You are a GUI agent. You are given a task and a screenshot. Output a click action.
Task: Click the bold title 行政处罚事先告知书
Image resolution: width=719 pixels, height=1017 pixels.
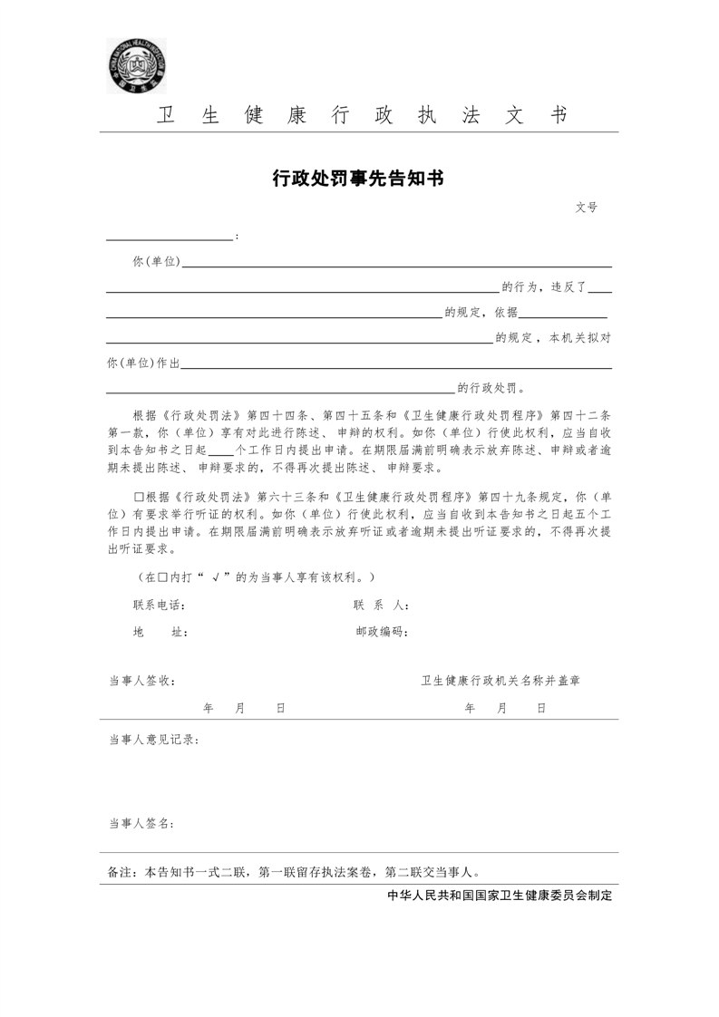(358, 179)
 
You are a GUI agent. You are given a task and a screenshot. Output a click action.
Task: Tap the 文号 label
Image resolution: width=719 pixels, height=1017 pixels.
(586, 208)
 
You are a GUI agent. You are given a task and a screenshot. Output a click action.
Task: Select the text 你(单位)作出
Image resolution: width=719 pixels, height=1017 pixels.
(143, 363)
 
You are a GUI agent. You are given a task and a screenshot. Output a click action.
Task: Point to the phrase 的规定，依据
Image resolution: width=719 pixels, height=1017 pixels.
(481, 312)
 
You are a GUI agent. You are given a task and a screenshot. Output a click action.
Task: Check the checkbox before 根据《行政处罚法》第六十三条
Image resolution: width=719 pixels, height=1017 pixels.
(139, 498)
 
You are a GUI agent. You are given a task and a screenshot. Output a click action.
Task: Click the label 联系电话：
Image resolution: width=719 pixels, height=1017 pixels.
(160, 605)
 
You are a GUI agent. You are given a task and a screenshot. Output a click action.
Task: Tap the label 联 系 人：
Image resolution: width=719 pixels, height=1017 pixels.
(381, 605)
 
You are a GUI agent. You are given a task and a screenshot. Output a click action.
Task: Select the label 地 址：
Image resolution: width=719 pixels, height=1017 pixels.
(160, 633)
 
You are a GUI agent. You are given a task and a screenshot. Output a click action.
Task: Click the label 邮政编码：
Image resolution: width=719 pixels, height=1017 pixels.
(381, 633)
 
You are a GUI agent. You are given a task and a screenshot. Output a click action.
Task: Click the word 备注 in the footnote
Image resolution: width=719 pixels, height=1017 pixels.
(119, 873)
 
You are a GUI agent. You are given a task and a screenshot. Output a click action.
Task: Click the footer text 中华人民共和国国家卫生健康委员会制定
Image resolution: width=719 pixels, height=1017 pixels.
(500, 896)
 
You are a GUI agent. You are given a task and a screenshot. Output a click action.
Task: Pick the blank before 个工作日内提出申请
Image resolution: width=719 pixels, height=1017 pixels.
(221, 450)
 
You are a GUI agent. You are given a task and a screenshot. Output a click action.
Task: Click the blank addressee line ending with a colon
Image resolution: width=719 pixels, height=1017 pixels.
(170, 238)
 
